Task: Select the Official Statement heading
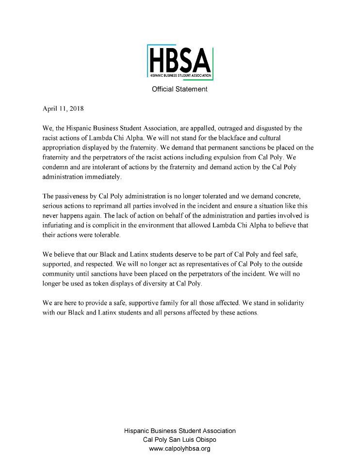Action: [x=180, y=89]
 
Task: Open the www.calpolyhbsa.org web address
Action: [x=180, y=449]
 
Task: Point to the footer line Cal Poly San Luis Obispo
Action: [x=180, y=440]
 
